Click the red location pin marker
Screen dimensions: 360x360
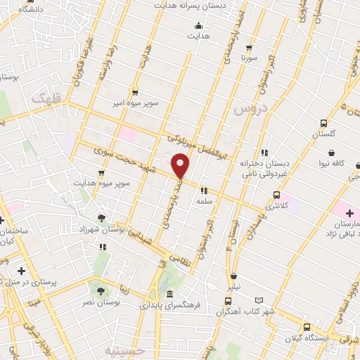pyautogui.click(x=181, y=165)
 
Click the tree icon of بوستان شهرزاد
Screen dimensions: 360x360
pyautogui.click(x=103, y=217)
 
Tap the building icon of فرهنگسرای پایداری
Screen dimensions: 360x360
pyautogui.click(x=170, y=294)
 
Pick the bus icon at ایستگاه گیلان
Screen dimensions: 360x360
pyautogui.click(x=307, y=326)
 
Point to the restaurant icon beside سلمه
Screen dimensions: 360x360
pyautogui.click(x=203, y=190)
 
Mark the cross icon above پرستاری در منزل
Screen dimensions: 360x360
pyautogui.click(x=21, y=270)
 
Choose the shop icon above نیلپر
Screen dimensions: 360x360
pyautogui.click(x=233, y=276)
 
